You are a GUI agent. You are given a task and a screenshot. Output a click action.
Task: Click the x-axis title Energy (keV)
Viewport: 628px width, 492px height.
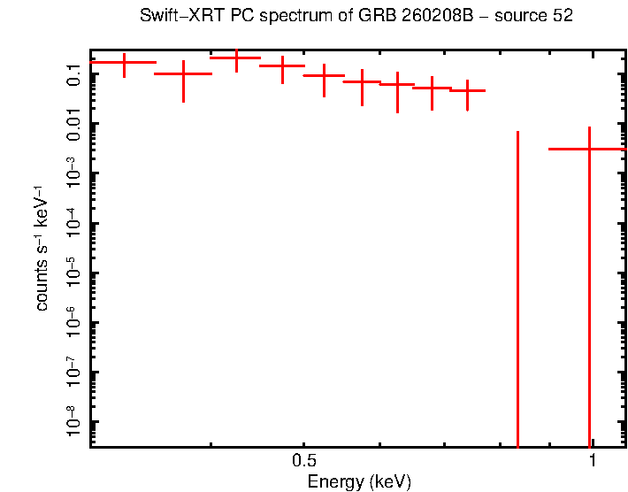pyautogui.click(x=359, y=482)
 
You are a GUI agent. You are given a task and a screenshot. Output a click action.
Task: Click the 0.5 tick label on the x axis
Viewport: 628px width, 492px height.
pyautogui.click(x=303, y=461)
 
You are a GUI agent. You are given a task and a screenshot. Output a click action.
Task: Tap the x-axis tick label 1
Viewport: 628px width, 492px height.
pyautogui.click(x=592, y=461)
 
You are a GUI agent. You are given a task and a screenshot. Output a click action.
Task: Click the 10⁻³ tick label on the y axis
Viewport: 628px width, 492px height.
pyautogui.click(x=73, y=173)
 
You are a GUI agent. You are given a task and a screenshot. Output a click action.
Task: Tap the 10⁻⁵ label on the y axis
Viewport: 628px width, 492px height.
pyautogui.click(x=73, y=273)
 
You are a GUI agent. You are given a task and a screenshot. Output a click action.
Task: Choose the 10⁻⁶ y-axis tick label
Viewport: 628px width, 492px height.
pyautogui.click(x=73, y=323)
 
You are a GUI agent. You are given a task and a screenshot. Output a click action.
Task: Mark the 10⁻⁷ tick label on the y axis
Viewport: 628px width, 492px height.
pyautogui.click(x=73, y=373)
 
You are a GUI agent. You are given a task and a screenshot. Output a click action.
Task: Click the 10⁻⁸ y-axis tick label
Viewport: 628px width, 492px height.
pyautogui.click(x=73, y=422)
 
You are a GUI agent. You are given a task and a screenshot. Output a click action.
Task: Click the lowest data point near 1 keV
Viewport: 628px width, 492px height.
pyautogui.click(x=589, y=149)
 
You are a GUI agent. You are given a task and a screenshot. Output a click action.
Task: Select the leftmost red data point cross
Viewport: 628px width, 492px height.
pyautogui.click(x=124, y=63)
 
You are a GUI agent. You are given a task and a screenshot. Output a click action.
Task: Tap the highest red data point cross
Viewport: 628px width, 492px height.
pyautogui.click(x=236, y=58)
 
